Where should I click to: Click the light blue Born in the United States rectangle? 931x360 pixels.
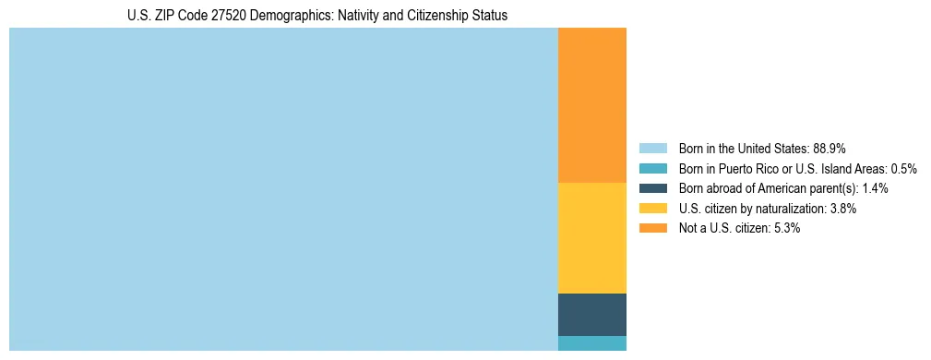[283, 189]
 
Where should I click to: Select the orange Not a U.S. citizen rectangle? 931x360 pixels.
[592, 105]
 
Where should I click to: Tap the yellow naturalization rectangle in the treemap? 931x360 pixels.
[592, 238]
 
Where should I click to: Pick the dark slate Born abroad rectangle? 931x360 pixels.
[592, 314]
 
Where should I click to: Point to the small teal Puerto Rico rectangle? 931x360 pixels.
[592, 343]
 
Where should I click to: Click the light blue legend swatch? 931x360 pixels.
[652, 149]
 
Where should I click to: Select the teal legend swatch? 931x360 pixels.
[652, 169]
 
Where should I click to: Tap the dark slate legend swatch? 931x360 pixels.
[652, 188]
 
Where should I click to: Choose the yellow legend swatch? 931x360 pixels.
[652, 209]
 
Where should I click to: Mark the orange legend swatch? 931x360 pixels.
[652, 228]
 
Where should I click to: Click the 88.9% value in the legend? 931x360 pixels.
[830, 149]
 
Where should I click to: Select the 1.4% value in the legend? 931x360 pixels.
[875, 188]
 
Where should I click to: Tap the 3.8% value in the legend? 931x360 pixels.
[842, 209]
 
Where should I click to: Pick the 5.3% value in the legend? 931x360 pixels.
[786, 228]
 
